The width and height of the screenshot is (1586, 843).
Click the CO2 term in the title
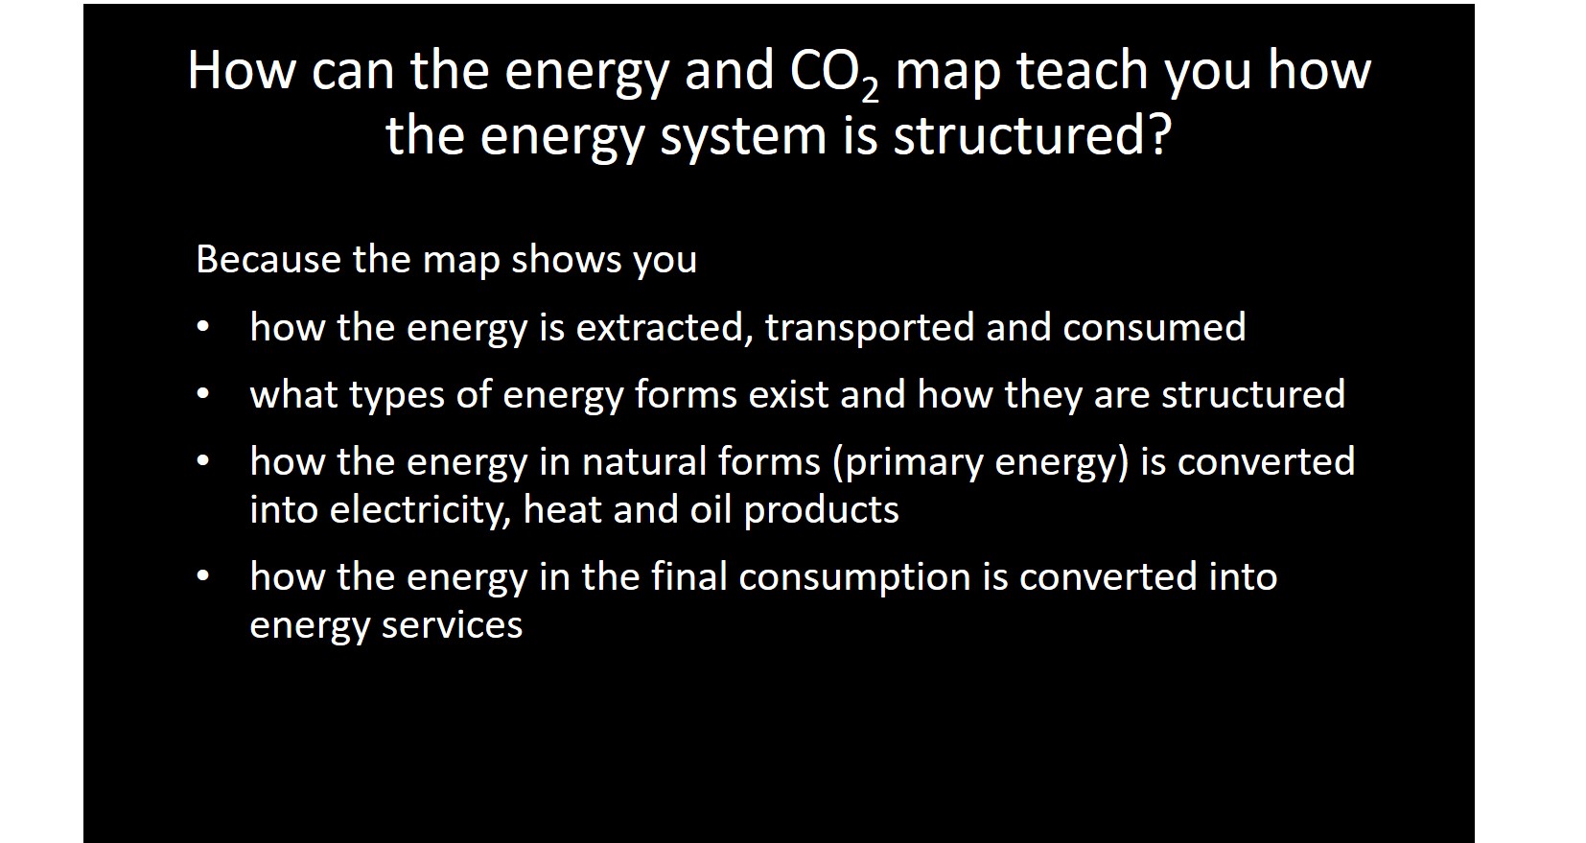834,74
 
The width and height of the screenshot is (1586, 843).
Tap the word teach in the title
1083,71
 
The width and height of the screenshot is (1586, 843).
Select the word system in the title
743,137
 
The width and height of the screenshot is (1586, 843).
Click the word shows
566,259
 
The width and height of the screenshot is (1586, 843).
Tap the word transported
870,328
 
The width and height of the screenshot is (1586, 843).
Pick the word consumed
1155,327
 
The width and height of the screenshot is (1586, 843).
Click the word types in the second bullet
397,395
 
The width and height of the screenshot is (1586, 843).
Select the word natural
642,462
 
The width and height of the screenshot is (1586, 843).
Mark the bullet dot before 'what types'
203,394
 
